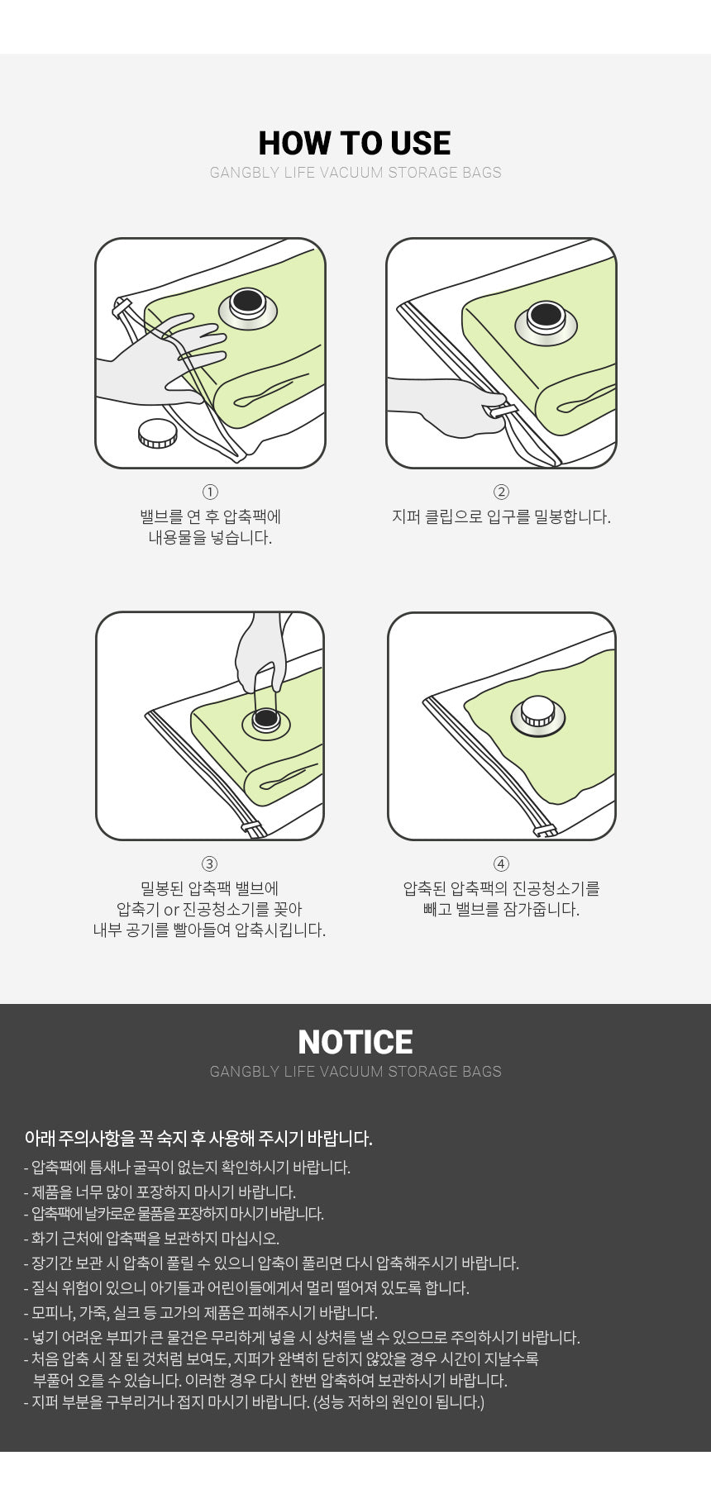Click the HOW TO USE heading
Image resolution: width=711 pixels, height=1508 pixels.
point(355,143)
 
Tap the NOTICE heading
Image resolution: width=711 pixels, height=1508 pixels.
point(355,1042)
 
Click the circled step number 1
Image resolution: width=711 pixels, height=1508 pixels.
point(210,492)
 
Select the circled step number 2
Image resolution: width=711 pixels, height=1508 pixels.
point(501,492)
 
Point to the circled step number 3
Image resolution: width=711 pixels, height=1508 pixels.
point(210,863)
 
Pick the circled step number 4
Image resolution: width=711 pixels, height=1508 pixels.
point(501,863)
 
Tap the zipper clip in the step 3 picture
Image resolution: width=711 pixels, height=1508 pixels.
point(253,826)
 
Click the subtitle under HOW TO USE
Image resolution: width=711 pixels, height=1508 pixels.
point(355,173)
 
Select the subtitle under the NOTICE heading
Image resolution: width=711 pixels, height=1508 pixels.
point(355,1072)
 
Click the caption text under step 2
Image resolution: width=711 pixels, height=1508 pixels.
point(501,517)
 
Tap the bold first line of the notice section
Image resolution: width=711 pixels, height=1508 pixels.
point(198,1139)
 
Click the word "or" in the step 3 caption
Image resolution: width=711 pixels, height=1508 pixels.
point(171,910)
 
